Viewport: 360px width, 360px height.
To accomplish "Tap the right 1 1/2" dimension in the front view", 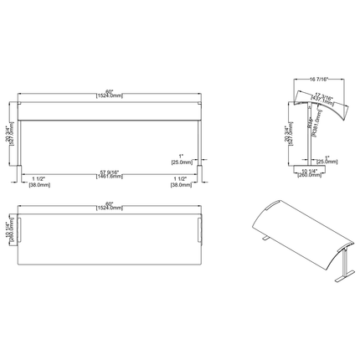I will tap(179, 183).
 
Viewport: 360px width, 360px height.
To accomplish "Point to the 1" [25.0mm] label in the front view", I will tap(185, 159).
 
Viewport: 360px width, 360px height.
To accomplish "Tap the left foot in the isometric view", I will tap(263, 242).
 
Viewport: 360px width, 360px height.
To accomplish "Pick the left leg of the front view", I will tap(23, 144).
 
